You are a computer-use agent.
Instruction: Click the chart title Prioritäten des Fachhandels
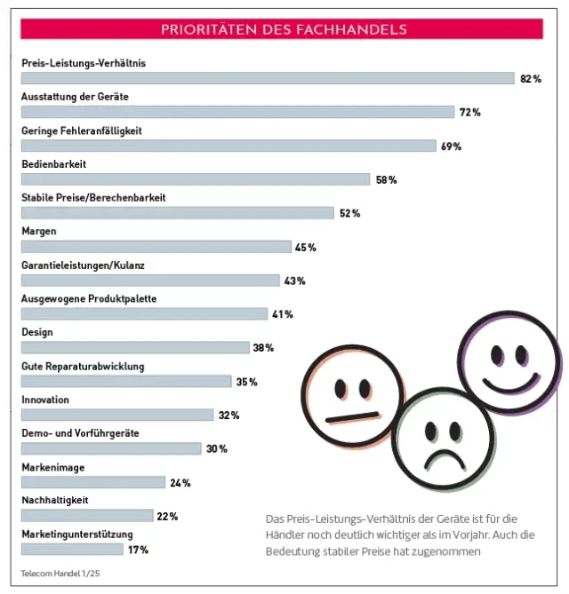(284, 29)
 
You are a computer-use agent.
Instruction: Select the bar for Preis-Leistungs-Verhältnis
(267, 78)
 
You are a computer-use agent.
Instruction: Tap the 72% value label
(469, 112)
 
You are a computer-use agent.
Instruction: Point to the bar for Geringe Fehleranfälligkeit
(228, 146)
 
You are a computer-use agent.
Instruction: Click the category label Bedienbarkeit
(53, 163)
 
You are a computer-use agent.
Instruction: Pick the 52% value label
(349, 213)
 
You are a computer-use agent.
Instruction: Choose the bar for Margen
(156, 247)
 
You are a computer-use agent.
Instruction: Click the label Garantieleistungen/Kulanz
(82, 265)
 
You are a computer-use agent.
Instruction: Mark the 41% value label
(282, 314)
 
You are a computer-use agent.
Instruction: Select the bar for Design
(135, 348)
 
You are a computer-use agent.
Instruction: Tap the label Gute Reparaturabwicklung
(83, 366)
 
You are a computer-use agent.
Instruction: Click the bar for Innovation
(117, 415)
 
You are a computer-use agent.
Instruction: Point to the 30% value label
(216, 448)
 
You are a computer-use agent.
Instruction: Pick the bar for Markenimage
(93, 482)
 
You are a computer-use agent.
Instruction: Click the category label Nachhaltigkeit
(54, 500)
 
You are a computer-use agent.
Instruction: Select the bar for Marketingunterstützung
(72, 550)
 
